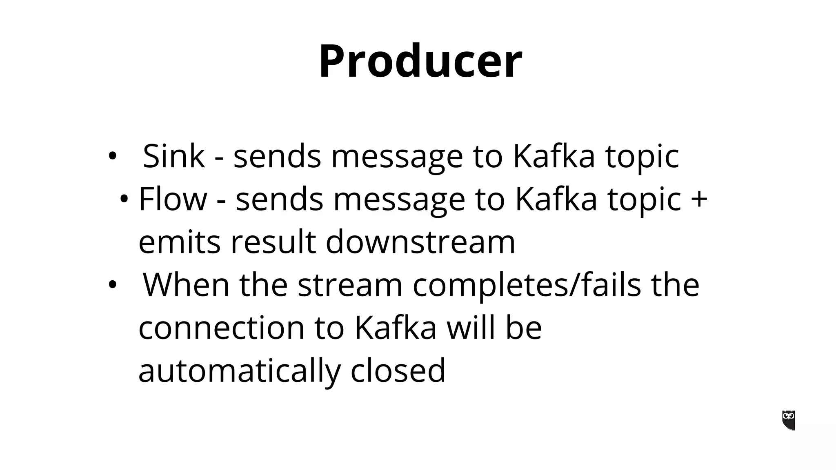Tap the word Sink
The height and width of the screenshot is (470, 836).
tap(173, 156)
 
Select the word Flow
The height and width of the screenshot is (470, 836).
tap(173, 199)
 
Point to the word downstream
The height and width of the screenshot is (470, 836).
tap(420, 242)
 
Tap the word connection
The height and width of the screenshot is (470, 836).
tap(222, 328)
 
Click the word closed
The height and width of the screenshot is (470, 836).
tap(398, 370)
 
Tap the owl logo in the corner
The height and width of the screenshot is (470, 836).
tap(789, 420)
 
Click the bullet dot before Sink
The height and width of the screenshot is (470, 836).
tap(112, 156)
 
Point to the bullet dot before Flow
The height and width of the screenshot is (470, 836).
tap(124, 200)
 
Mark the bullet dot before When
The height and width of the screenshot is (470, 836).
tap(112, 285)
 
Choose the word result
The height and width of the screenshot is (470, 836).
tap(273, 242)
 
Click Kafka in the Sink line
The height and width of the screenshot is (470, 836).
tap(554, 156)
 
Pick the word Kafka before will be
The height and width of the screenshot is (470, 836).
tap(396, 328)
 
